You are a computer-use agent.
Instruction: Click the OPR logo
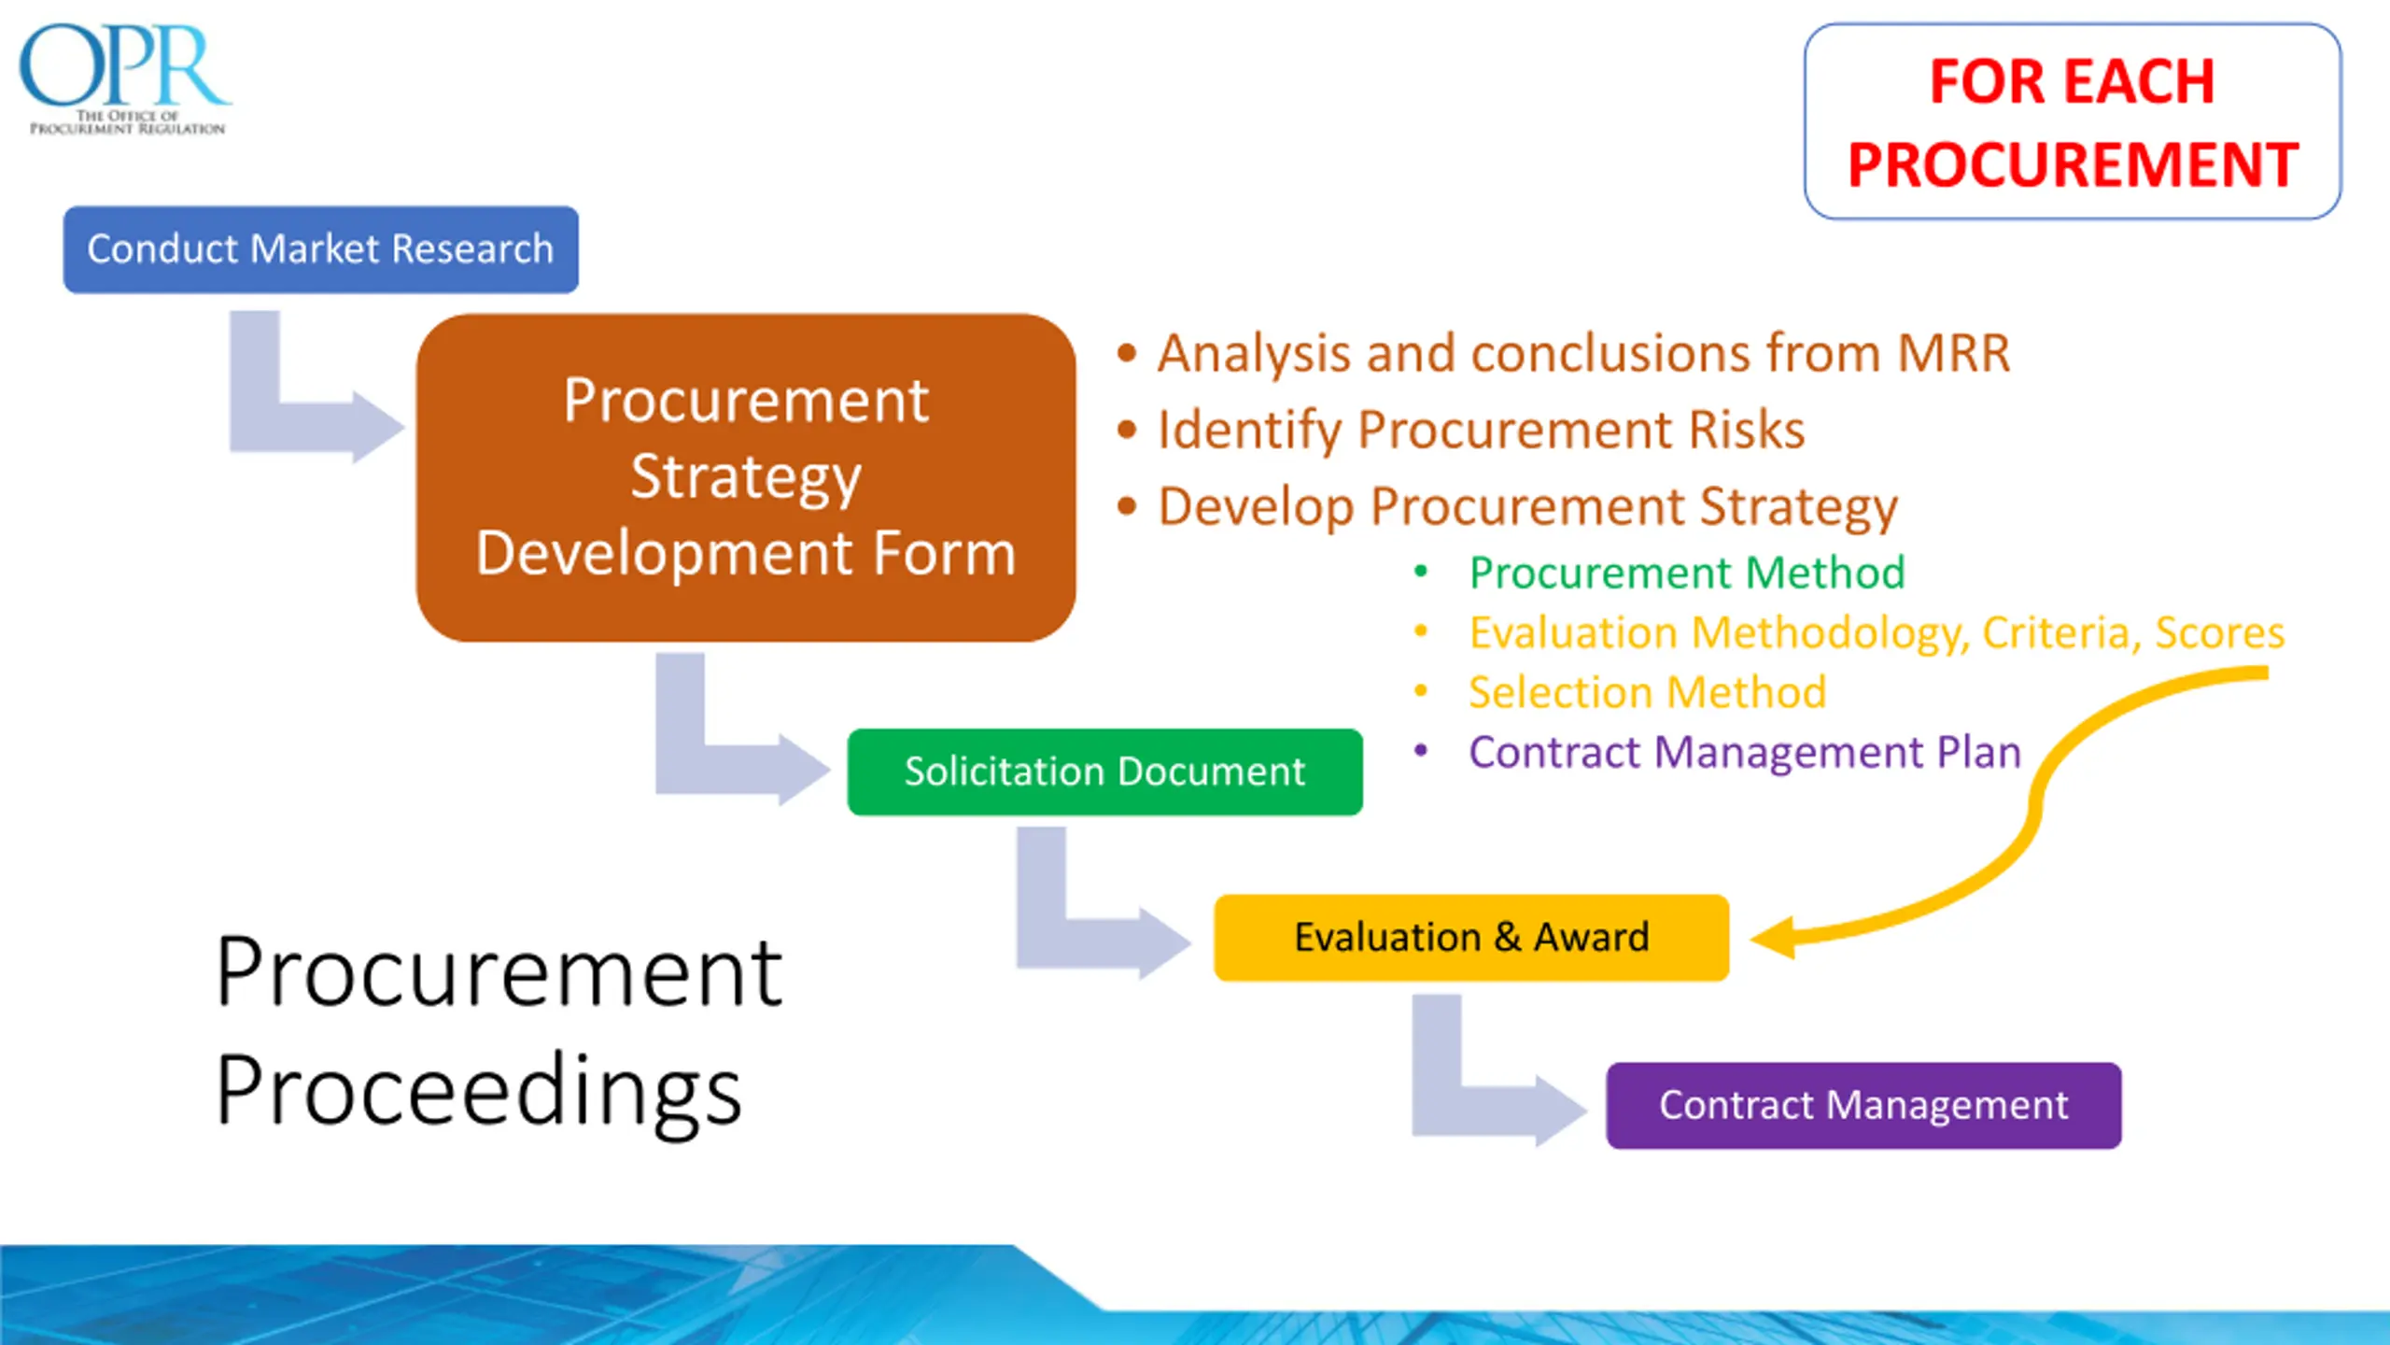click(x=125, y=78)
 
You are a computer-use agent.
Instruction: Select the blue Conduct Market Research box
click(x=320, y=249)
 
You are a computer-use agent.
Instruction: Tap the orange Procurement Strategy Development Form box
click(x=745, y=477)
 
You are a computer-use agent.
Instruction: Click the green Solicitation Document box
click(x=1104, y=772)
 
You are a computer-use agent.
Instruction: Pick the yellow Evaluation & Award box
click(x=1471, y=938)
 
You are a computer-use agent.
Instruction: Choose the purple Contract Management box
click(x=1863, y=1105)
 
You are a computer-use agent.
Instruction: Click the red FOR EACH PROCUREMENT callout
click(x=2073, y=121)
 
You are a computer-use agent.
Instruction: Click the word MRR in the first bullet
click(x=1954, y=353)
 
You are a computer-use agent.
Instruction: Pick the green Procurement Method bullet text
click(x=1687, y=573)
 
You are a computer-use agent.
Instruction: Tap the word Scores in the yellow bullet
click(x=2220, y=632)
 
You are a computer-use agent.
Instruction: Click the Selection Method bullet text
click(x=1647, y=692)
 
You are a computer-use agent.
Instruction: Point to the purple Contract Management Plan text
click(x=1745, y=752)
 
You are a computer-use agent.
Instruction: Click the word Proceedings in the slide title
click(x=479, y=1090)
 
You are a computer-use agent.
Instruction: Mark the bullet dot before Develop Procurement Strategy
click(x=1127, y=506)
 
